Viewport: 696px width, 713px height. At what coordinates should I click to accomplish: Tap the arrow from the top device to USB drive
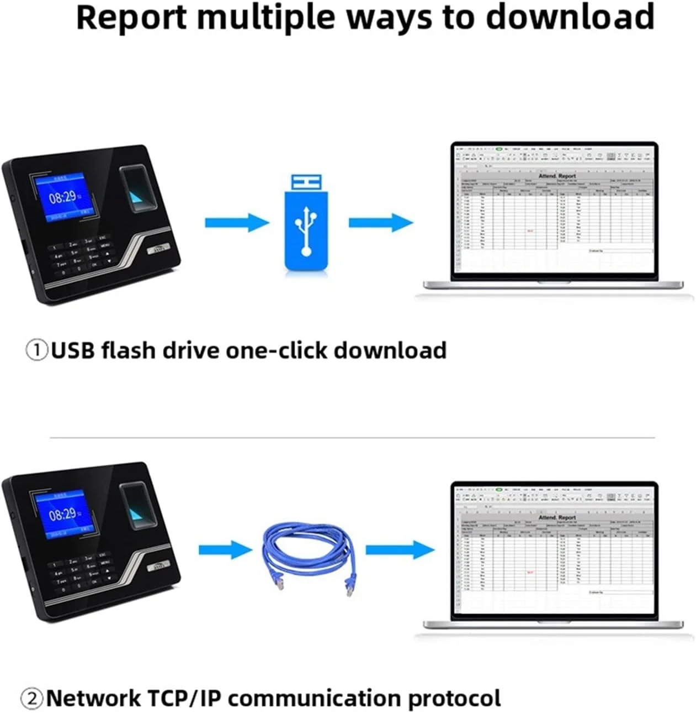pyautogui.click(x=237, y=223)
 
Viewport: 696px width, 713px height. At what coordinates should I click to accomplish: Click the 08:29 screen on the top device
pyautogui.click(x=62, y=197)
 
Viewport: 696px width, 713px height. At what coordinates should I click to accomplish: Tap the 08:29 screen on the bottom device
pyautogui.click(x=62, y=515)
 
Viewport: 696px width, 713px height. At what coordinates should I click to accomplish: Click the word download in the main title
pyautogui.click(x=570, y=17)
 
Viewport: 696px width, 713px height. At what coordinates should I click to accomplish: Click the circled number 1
pyautogui.click(x=37, y=351)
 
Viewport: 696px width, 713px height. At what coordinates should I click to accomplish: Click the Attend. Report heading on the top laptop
pyautogui.click(x=556, y=175)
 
